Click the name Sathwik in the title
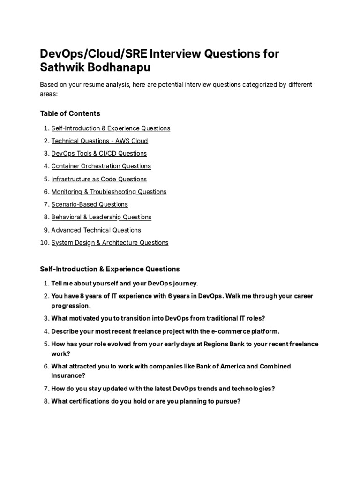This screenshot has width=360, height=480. pos(60,67)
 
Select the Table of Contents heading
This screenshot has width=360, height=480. pos(70,113)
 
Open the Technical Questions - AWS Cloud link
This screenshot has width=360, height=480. pos(99,141)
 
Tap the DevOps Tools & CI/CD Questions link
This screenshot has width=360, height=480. pos(99,153)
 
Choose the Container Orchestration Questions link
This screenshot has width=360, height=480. pos(101,166)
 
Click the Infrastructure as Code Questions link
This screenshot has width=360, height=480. pos(99,179)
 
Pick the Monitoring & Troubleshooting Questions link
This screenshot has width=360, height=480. pos(109,192)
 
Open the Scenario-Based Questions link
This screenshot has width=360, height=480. pos(90,204)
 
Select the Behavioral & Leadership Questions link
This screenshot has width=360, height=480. pos(101,217)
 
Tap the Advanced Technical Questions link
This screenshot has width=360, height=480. pos(96,230)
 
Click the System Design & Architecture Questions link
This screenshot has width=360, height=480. pos(110,243)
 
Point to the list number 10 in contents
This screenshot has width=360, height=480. pos(44,243)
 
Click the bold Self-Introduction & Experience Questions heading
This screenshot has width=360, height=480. pos(110,269)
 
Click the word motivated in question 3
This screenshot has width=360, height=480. pos(86,318)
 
